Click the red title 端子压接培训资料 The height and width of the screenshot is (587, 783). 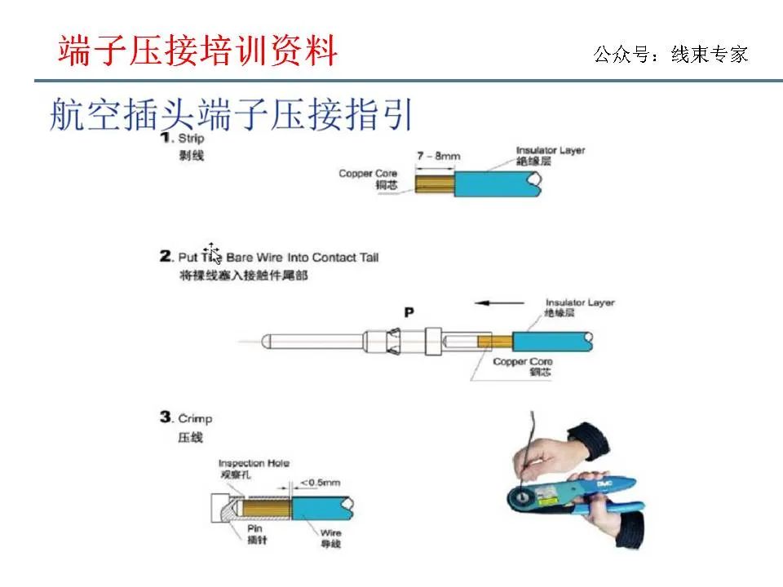pos(197,51)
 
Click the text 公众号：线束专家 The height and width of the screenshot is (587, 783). pos(670,55)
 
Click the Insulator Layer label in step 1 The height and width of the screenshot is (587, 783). pos(550,151)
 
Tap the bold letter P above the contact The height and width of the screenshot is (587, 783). pos(409,311)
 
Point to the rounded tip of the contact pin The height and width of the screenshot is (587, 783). pos(268,340)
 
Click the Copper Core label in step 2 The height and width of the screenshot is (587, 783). pos(522,361)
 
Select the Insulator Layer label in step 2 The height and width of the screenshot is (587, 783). pos(580,303)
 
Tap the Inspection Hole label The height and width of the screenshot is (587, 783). pos(254,463)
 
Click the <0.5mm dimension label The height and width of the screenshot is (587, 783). pos(321,483)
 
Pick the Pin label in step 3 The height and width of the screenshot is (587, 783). pos(254,527)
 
